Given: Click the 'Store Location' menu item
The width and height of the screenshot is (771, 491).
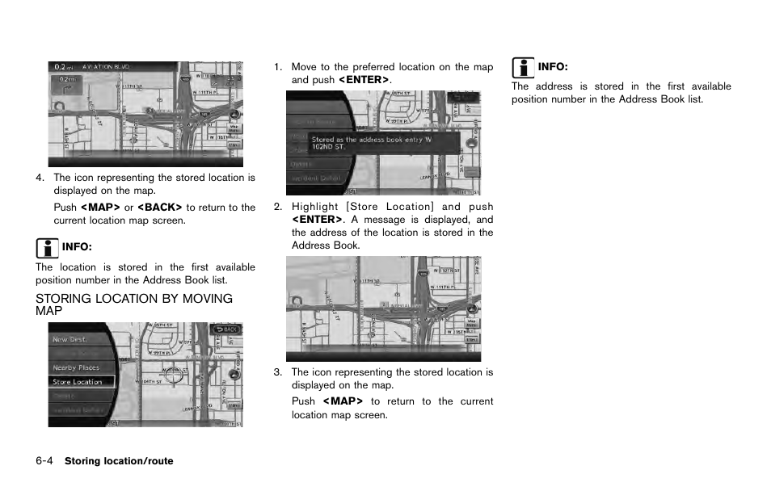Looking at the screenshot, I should pyautogui.click(x=78, y=381).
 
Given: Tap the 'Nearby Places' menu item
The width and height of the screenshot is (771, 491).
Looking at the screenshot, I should pyautogui.click(x=76, y=367).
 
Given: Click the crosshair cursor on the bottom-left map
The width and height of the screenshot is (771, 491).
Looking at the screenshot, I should pyautogui.click(x=173, y=373).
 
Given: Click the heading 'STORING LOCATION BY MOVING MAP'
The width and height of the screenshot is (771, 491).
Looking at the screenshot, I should pyautogui.click(x=133, y=304).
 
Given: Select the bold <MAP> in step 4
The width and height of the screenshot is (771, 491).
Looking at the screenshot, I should pyautogui.click(x=100, y=208).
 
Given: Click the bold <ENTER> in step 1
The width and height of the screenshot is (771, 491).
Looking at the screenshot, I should pyautogui.click(x=363, y=80).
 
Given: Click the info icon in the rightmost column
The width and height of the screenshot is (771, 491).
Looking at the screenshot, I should pyautogui.click(x=523, y=67).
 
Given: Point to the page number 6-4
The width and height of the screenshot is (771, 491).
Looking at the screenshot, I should pyautogui.click(x=44, y=461).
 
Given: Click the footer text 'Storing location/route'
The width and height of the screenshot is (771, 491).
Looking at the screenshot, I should pyautogui.click(x=119, y=461).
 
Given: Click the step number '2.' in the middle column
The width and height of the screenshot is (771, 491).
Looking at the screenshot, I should pyautogui.click(x=278, y=207).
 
